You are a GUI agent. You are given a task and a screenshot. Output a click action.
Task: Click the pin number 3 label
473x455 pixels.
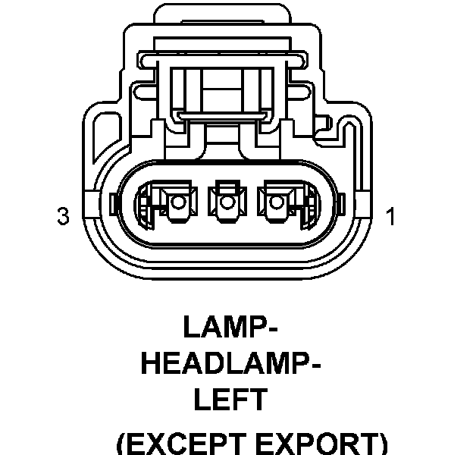coord(64,217)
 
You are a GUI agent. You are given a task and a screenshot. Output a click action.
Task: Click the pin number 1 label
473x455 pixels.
coord(390,217)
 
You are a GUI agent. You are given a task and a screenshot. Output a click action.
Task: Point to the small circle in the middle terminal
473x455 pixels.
coord(225,202)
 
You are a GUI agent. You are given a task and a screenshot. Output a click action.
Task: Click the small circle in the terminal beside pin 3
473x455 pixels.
coord(179,202)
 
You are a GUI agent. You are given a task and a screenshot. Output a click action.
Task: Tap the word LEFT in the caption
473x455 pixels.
coord(230,400)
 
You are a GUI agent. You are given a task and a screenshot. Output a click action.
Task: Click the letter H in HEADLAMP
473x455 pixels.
coord(151,363)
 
